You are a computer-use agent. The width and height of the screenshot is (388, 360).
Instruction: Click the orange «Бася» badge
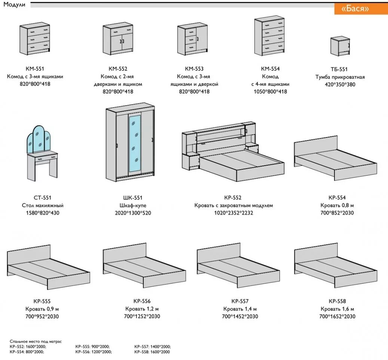[355, 9]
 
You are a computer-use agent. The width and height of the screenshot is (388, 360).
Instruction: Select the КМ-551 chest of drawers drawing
[35, 39]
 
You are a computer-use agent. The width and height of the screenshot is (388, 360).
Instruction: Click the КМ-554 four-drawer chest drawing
[270, 37]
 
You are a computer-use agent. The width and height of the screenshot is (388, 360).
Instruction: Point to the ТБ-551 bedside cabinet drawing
[340, 46]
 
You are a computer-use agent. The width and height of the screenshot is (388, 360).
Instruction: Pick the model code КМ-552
[118, 69]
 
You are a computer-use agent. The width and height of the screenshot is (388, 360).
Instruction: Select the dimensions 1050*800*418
[269, 92]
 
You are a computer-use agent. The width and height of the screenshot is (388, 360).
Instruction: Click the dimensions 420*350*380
[340, 85]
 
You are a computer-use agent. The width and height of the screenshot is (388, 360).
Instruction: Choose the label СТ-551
[42, 198]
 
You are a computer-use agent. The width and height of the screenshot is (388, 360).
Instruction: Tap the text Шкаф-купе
[133, 206]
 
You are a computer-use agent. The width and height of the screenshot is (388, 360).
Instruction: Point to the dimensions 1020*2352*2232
[233, 213]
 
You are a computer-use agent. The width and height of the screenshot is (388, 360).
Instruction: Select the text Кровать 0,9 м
[42, 309]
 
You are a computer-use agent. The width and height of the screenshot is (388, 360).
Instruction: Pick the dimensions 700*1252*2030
[143, 317]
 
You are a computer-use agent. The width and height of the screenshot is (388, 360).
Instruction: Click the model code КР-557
[240, 301]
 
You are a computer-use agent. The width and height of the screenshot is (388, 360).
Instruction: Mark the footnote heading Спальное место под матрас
[36, 342]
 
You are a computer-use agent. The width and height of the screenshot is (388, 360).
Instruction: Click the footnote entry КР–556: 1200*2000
[93, 352]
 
